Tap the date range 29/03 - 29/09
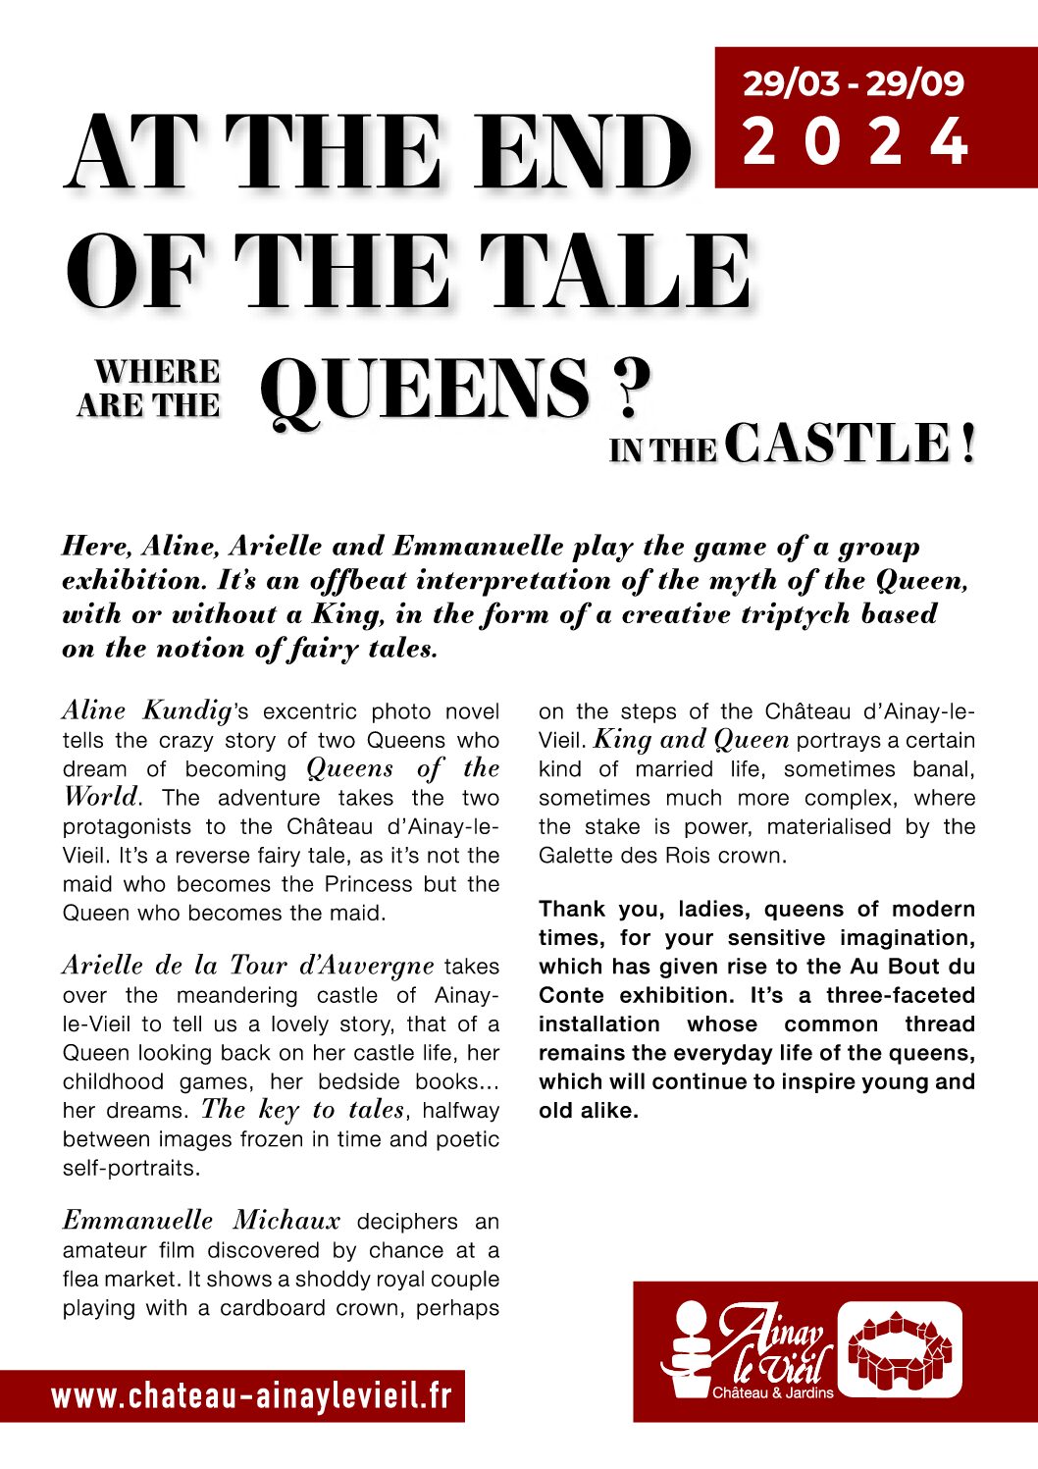[853, 83]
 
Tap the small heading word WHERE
[157, 372]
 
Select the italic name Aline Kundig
[147, 710]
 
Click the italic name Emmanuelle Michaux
[201, 1221]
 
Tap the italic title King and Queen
[692, 740]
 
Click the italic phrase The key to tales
[302, 1110]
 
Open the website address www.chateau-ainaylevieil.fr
[252, 1396]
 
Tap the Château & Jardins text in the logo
[772, 1392]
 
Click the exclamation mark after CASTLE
[968, 444]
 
